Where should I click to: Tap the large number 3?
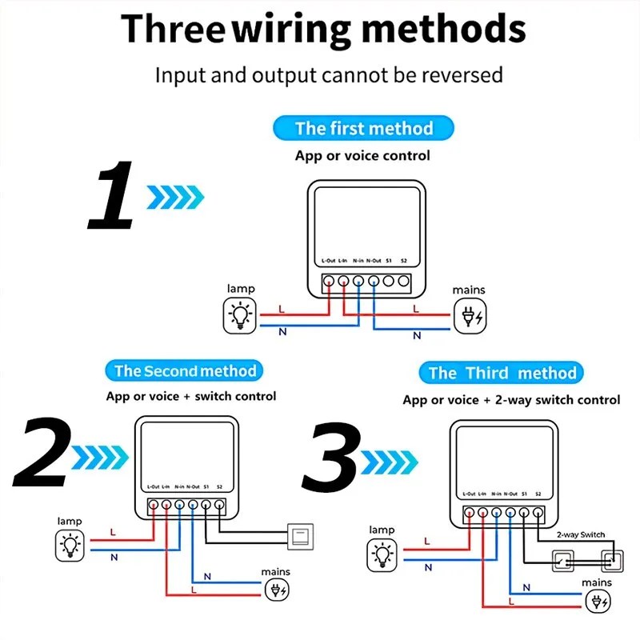tap(330, 458)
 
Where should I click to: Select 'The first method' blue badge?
tap(363, 128)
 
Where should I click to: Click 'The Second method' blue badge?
tap(185, 370)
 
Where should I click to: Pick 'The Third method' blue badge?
tap(502, 373)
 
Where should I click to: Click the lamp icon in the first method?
tap(239, 314)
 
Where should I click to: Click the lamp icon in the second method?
tap(70, 546)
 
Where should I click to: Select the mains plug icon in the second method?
tap(277, 590)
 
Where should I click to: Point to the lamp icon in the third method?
tap(382, 554)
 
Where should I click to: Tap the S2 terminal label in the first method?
tap(403, 261)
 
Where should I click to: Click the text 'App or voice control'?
tap(362, 155)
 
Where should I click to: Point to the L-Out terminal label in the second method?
tap(154, 486)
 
